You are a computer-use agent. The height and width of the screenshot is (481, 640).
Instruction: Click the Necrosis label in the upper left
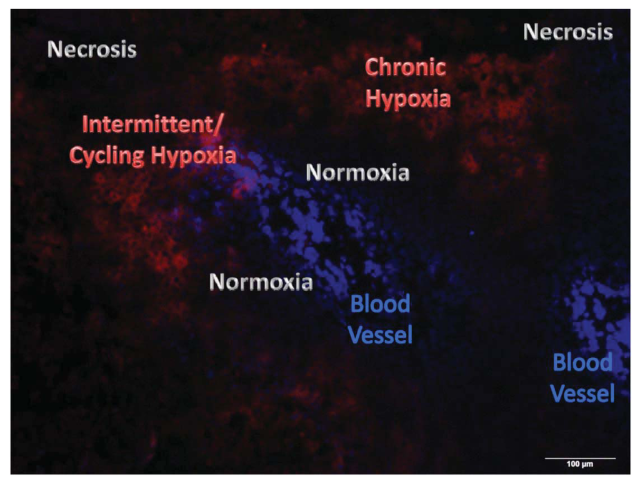pyautogui.click(x=92, y=49)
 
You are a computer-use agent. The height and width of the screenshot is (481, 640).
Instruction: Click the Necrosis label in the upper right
pyautogui.click(x=567, y=32)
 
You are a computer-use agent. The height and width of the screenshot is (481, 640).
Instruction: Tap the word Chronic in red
pyautogui.click(x=405, y=68)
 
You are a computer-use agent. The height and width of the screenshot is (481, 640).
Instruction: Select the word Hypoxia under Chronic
pyautogui.click(x=407, y=99)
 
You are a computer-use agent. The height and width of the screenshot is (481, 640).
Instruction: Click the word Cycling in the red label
pyautogui.click(x=107, y=156)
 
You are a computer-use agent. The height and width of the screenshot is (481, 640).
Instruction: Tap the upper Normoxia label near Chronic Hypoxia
pyautogui.click(x=357, y=173)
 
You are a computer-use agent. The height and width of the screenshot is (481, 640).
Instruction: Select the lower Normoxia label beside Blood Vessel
pyautogui.click(x=261, y=282)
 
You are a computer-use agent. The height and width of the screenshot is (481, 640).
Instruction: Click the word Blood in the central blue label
pyautogui.click(x=380, y=305)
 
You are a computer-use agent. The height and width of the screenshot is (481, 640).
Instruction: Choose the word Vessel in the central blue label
pyautogui.click(x=380, y=336)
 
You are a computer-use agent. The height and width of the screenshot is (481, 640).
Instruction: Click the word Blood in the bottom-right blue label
pyautogui.click(x=582, y=363)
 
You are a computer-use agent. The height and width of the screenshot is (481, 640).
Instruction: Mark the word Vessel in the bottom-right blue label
pyautogui.click(x=582, y=394)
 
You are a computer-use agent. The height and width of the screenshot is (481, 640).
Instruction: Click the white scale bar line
pyautogui.click(x=580, y=458)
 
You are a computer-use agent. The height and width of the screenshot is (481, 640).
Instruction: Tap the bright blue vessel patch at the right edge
pyautogui.click(x=603, y=313)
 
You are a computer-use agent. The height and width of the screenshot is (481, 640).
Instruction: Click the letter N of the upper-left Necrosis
pyautogui.click(x=54, y=49)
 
